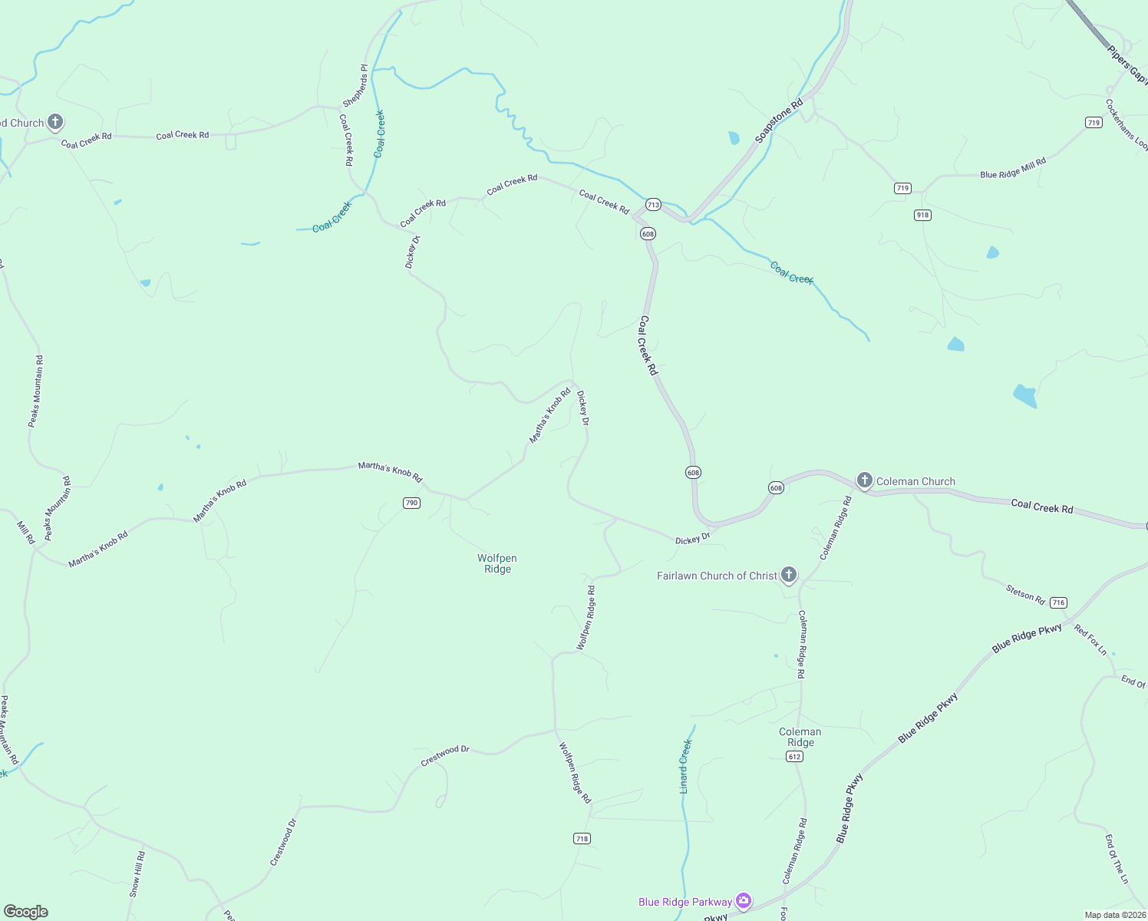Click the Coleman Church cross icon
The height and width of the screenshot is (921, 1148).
[865, 481]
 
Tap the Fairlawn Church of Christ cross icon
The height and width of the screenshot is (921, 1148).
[788, 575]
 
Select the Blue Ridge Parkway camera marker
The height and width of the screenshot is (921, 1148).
[743, 901]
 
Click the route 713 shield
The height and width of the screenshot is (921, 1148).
[653, 205]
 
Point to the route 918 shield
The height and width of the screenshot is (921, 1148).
[922, 215]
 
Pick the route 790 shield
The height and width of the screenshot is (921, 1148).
[412, 503]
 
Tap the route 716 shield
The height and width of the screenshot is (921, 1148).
[1059, 602]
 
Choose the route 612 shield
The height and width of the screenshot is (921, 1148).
[794, 757]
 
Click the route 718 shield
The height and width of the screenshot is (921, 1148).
[582, 839]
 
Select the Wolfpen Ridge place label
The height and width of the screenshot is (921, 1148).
[497, 563]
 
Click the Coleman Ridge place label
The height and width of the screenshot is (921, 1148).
[800, 737]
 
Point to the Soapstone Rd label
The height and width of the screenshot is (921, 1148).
[778, 120]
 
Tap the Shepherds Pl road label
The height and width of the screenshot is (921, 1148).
[355, 86]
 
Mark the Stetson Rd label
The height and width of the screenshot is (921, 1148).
[1025, 594]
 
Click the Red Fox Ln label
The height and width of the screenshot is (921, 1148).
[1090, 640]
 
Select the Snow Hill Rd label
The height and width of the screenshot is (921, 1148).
[137, 874]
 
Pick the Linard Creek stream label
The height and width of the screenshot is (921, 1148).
[685, 767]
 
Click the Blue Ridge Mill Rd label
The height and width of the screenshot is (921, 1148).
[1013, 169]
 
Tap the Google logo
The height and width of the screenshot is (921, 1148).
[26, 912]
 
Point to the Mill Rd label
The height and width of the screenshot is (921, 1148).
[26, 533]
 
